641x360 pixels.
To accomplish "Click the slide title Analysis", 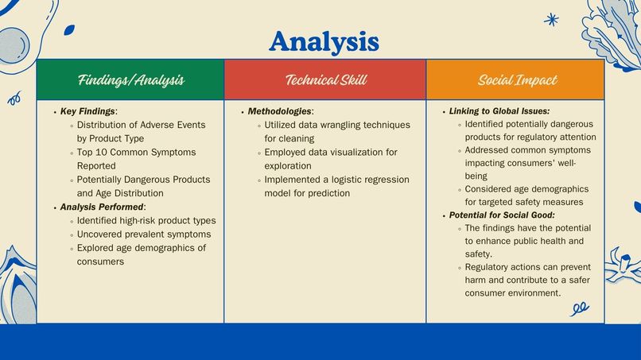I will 323,40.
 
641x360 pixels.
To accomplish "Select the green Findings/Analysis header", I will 131,79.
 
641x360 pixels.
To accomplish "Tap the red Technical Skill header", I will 325,79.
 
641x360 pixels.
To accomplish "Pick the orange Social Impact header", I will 517,79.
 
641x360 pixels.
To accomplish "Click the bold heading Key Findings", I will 87,111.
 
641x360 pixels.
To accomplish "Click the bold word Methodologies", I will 279,111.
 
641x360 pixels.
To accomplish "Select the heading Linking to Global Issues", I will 499,111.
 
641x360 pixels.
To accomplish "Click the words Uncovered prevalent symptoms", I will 143,234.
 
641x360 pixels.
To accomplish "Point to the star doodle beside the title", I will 551,19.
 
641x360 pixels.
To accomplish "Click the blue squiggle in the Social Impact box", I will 580,307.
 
